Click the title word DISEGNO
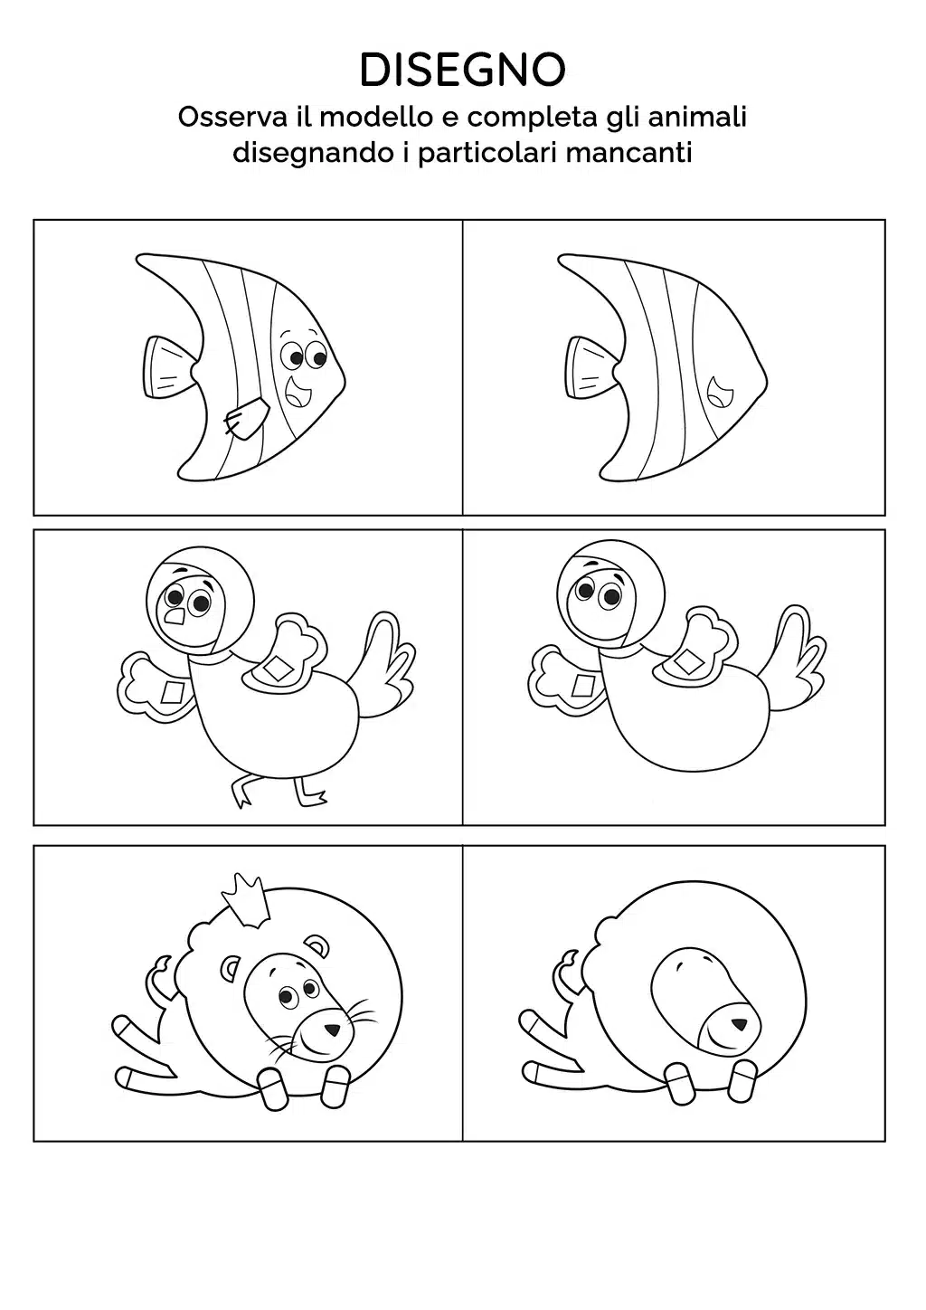pos(462,70)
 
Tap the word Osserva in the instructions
pos(232,117)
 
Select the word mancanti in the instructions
pos(629,153)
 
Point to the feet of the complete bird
pos(279,793)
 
